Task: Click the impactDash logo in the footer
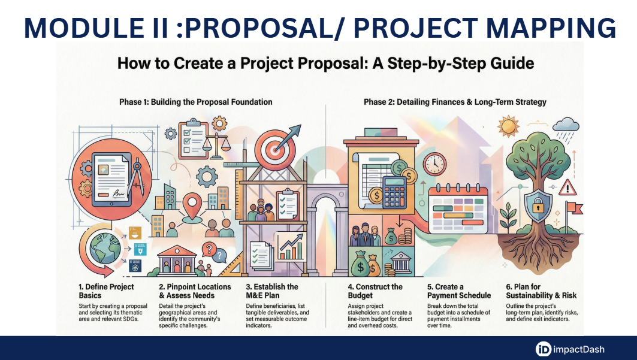569,349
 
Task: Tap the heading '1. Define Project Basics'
106,291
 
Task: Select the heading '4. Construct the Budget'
375,291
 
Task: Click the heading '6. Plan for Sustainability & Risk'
541,291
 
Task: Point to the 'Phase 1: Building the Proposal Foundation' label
196,102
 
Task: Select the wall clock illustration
434,164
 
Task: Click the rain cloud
566,125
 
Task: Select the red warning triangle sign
567,188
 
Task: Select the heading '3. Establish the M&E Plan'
272,291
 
